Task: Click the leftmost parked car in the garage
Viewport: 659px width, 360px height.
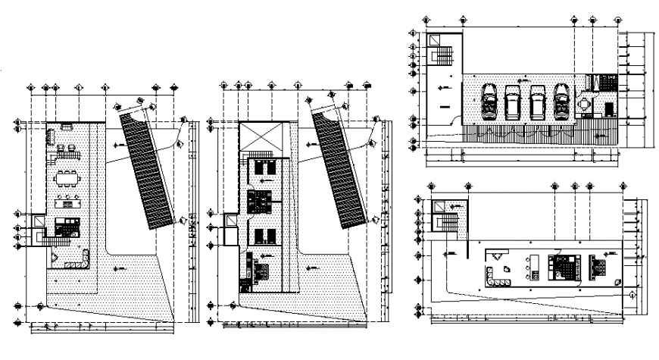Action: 491,102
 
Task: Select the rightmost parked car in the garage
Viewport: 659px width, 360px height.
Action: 562,102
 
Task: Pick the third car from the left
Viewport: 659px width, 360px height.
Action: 538,102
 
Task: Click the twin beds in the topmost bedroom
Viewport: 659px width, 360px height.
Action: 261,167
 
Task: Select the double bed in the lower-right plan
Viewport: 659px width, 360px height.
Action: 565,268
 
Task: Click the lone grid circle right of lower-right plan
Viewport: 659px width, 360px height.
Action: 631,293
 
